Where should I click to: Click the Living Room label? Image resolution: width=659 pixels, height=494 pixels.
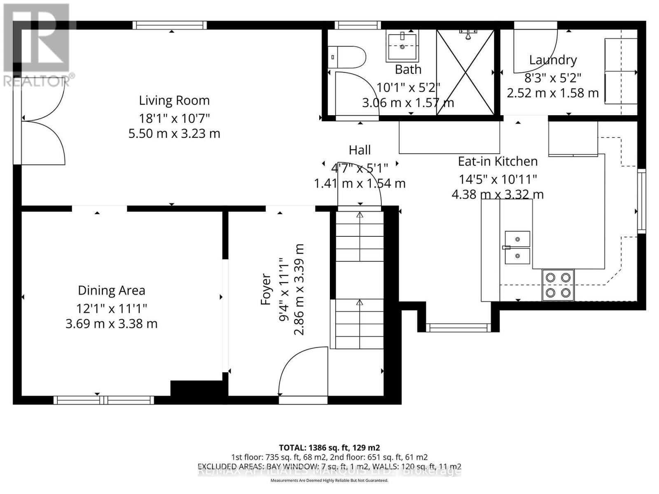coord(174,100)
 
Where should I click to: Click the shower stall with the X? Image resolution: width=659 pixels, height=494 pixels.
coord(465,72)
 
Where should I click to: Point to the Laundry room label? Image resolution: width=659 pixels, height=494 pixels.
coord(553,60)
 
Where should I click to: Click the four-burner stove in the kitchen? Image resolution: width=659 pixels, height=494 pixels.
coord(558,285)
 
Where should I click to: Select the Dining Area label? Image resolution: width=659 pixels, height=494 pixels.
coord(112,291)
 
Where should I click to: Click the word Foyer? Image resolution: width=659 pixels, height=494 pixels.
coord(266,289)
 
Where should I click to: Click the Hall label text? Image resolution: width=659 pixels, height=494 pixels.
coord(360,150)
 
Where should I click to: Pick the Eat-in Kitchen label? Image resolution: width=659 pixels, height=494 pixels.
coord(498,161)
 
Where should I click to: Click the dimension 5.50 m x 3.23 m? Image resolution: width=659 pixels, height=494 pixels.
coord(174,134)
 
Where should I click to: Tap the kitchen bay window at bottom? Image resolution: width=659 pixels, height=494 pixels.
coord(458,328)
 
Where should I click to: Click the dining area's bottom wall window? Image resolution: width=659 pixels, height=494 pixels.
coord(103,400)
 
